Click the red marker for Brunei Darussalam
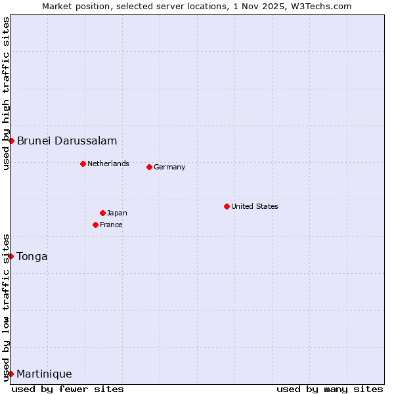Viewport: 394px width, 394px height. (11, 141)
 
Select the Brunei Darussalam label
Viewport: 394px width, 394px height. (67, 141)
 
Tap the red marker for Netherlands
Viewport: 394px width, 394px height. (83, 164)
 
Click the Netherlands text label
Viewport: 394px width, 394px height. (108, 164)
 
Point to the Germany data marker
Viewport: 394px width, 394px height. (149, 167)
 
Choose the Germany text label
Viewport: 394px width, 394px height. (169, 167)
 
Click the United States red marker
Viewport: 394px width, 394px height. (227, 206)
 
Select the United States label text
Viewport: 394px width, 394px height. (255, 206)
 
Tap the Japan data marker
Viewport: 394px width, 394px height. (102, 213)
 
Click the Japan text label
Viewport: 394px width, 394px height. (117, 213)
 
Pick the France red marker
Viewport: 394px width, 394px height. (95, 225)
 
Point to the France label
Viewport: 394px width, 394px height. (111, 225)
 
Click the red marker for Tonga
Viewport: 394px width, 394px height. (11, 256)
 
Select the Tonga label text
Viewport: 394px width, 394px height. (32, 256)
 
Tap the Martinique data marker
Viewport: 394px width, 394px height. (11, 374)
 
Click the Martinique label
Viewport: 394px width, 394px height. (44, 374)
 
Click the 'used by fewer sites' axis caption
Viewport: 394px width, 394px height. (68, 389)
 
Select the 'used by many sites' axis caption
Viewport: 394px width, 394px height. (330, 389)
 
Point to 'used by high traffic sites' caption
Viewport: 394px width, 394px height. (6, 93)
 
